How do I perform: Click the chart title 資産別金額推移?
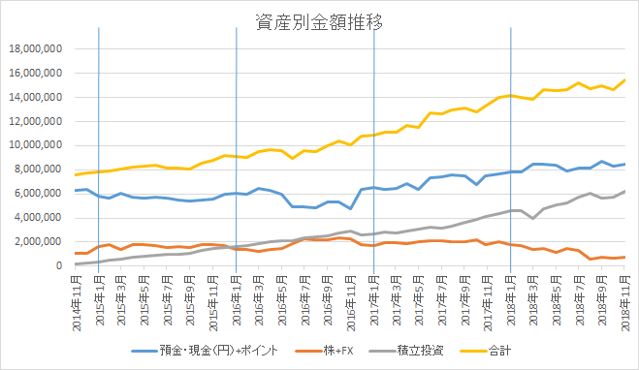[319, 21]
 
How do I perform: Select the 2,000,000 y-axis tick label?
[41, 241]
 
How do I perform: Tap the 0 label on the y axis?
[59, 265]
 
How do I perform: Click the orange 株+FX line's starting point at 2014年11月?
[76, 253]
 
